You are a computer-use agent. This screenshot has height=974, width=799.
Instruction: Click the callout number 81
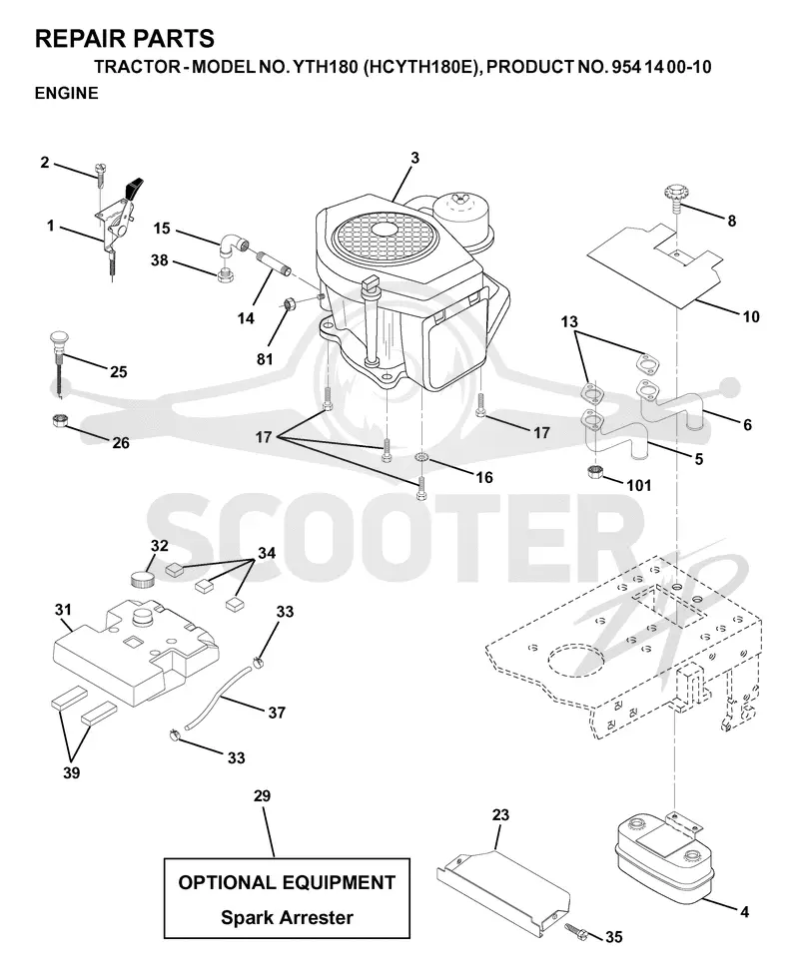click(265, 359)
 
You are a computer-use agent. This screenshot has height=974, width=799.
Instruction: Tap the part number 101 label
click(638, 485)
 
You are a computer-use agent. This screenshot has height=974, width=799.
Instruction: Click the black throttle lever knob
click(135, 187)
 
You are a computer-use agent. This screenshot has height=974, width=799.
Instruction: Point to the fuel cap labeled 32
click(142, 582)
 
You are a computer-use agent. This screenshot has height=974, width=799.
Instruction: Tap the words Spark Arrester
click(287, 917)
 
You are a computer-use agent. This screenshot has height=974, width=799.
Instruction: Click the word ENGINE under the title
click(67, 93)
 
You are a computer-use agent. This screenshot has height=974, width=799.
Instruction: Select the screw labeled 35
click(575, 929)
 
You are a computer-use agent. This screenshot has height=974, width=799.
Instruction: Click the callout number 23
click(500, 814)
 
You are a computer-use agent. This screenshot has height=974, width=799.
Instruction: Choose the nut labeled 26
click(59, 420)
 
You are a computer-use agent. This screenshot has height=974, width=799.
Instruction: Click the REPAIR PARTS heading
click(125, 39)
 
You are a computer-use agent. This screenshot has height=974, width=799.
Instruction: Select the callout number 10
click(751, 316)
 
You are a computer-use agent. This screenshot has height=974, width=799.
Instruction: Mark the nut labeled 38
click(225, 274)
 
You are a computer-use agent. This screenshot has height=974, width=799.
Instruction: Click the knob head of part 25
click(58, 341)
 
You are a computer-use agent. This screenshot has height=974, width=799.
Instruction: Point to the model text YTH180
click(325, 67)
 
